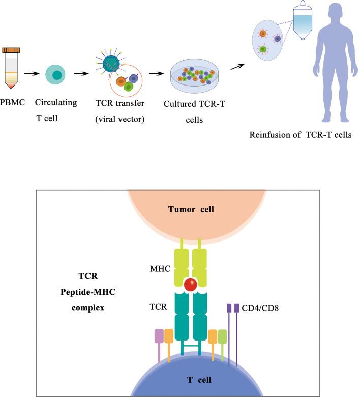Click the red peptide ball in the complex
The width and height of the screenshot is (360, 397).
pos(191,285)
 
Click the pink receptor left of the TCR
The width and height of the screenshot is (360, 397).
pos(159,336)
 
